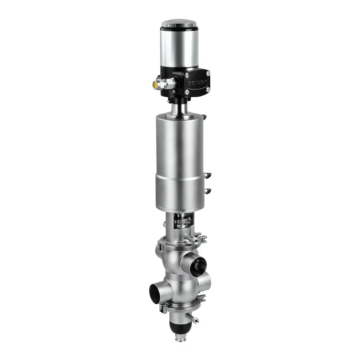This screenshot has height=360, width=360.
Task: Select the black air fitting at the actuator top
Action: (x=204, y=117)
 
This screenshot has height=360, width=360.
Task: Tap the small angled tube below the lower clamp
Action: (x=194, y=319)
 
